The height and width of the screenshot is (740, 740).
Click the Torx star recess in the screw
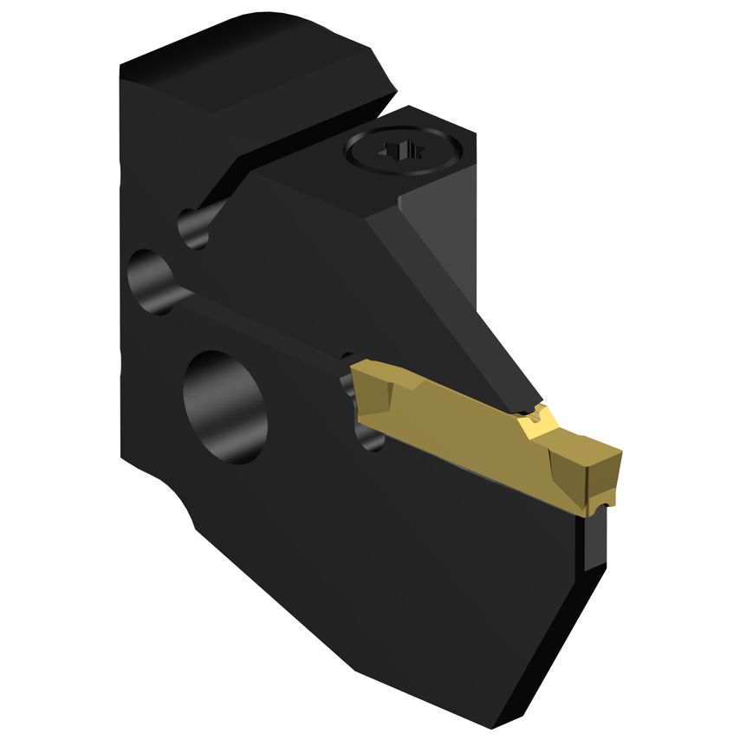(404, 153)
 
